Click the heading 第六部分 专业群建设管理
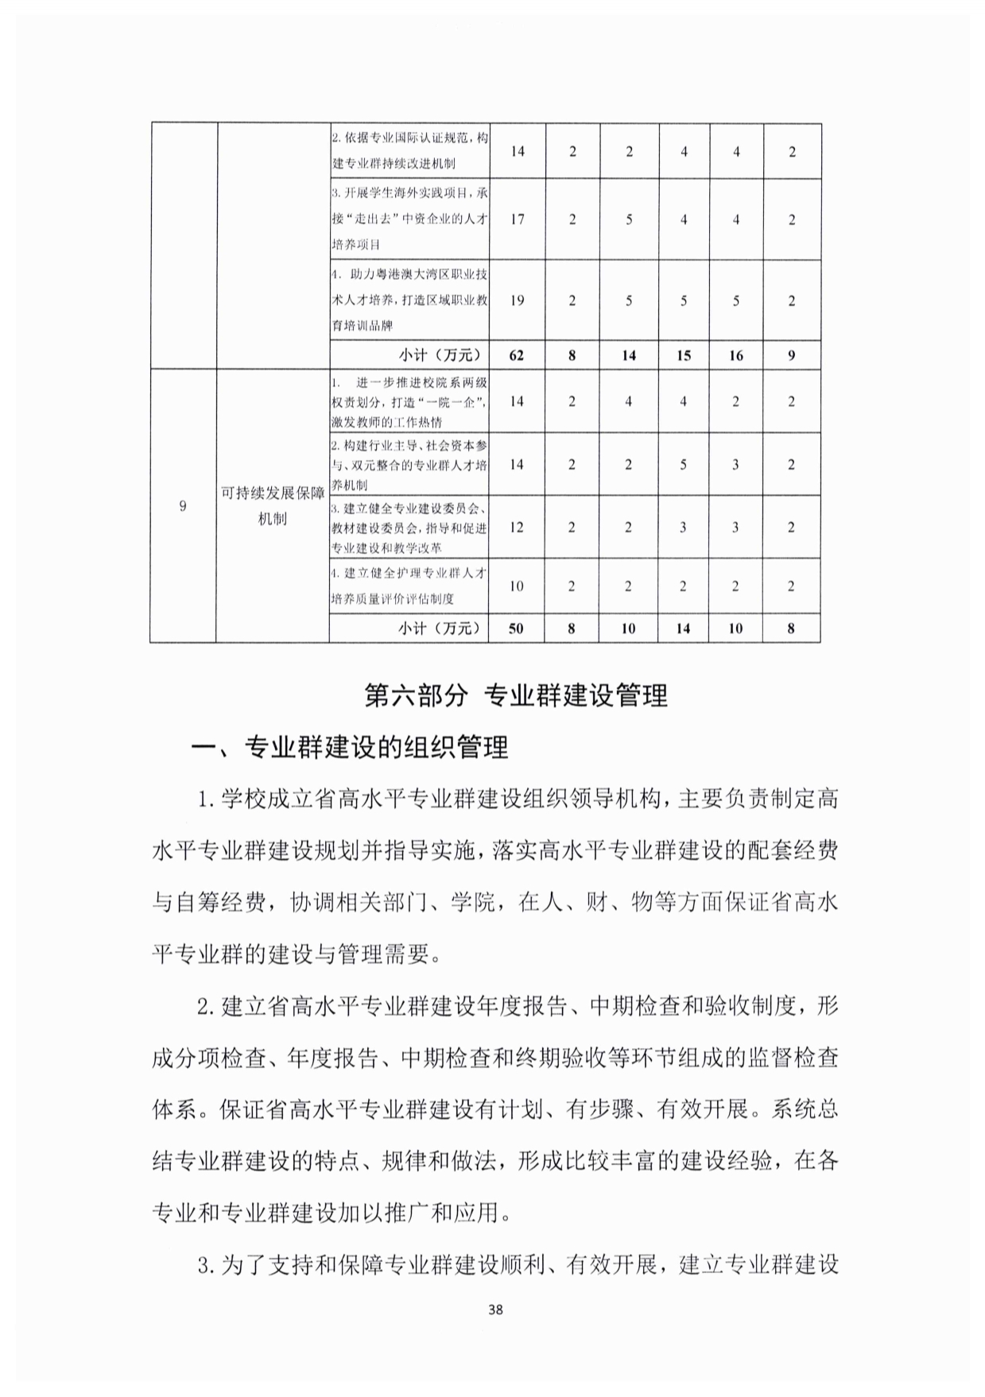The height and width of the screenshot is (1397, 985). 515,695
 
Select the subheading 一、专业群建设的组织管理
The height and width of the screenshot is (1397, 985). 351,747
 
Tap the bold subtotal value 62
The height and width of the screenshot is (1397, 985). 517,355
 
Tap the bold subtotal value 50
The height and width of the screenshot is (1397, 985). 517,628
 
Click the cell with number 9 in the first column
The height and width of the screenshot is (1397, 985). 183,506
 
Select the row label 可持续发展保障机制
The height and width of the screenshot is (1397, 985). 273,506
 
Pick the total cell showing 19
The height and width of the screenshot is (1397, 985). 517,300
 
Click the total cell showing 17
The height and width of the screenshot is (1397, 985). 517,219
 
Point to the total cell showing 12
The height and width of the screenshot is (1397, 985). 517,527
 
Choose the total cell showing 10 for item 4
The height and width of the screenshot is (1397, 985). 517,586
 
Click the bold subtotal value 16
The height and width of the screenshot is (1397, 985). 735,355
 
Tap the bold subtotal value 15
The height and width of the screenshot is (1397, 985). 683,355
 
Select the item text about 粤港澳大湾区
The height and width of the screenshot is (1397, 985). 409,300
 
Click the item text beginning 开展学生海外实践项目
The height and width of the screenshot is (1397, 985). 409,219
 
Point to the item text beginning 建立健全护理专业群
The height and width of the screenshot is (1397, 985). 409,586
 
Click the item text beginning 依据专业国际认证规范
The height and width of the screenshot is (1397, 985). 409,151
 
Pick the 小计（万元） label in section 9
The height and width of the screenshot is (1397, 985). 440,628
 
